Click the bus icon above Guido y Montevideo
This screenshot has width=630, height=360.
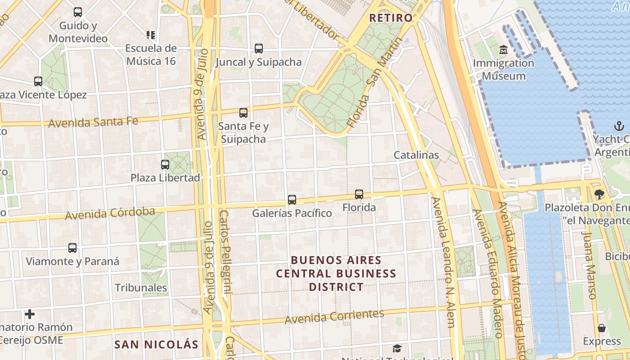tap(78, 12)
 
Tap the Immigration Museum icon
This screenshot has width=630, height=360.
tap(503, 49)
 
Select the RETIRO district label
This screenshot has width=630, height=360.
tap(391, 18)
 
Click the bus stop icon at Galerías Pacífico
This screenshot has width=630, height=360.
tap(292, 199)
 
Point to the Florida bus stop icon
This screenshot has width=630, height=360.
tap(359, 194)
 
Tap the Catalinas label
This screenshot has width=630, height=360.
tap(416, 155)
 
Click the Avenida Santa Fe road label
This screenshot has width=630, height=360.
tap(93, 121)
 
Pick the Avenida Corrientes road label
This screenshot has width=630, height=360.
tap(334, 316)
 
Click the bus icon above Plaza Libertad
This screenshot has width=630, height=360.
tap(165, 165)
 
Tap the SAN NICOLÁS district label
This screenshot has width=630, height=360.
tap(156, 345)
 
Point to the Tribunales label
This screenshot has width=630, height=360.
tap(141, 288)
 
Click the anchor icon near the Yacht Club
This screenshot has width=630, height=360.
tap(619, 126)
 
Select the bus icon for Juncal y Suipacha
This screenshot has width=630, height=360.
tap(259, 49)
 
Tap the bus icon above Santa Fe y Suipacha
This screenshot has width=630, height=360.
tap(243, 113)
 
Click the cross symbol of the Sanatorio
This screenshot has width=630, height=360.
tap(30, 314)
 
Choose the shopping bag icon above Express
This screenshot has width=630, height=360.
tap(602, 328)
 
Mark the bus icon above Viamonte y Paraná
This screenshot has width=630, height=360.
tap(72, 248)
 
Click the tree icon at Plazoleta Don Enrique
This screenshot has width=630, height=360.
tap(599, 194)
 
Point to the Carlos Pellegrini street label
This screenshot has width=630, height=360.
tap(225, 252)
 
